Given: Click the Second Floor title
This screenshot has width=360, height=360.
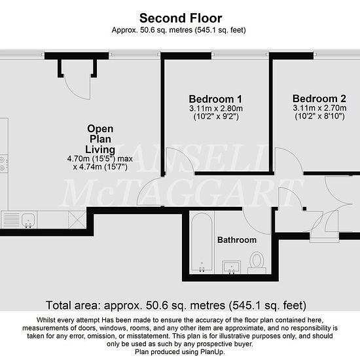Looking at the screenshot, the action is (x=181, y=18).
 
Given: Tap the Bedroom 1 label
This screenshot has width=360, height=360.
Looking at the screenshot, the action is (x=215, y=99).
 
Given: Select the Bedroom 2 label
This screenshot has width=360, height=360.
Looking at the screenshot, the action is (x=319, y=98).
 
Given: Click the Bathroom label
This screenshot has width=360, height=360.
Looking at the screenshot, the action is (x=237, y=240).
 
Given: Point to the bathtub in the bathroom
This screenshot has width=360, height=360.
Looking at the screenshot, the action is (x=202, y=242).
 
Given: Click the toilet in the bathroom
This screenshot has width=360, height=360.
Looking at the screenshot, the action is (x=257, y=262).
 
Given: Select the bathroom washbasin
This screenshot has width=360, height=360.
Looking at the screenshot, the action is (x=232, y=267).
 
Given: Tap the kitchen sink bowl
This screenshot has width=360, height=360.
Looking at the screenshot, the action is (x=28, y=219).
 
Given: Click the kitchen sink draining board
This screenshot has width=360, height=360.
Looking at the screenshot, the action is (x=11, y=220).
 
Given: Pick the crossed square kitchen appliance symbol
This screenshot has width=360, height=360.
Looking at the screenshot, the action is (x=77, y=220).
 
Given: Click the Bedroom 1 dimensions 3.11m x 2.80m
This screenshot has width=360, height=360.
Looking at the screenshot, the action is (x=216, y=109).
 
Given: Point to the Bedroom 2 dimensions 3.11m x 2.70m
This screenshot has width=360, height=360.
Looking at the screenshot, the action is (x=319, y=108).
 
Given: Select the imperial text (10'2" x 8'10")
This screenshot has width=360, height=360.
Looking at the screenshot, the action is (x=319, y=116).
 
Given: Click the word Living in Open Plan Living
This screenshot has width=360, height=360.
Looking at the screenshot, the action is (x=100, y=149).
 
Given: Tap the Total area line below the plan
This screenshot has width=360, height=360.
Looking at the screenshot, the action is (x=176, y=306).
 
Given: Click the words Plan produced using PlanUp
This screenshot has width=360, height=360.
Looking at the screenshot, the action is (x=180, y=351).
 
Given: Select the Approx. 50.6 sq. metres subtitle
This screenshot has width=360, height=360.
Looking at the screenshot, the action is (x=179, y=30).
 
